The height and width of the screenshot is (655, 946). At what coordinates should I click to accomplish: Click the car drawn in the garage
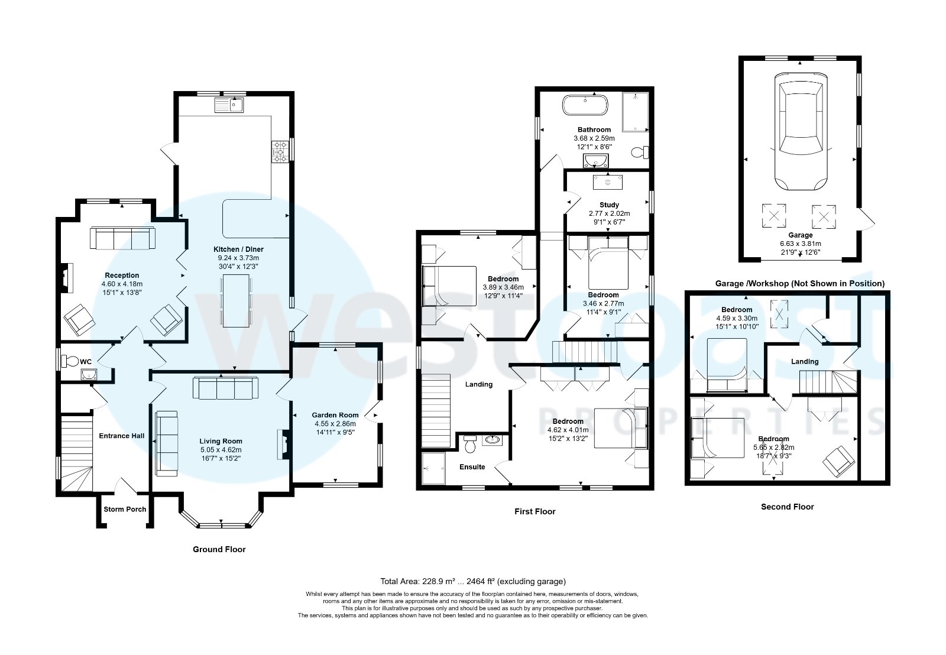point(801,131)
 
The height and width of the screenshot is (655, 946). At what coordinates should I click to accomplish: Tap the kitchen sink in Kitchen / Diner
point(231,105)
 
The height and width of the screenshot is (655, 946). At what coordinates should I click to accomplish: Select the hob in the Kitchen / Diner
point(279,151)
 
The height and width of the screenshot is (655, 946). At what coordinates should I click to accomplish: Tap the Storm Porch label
point(125,509)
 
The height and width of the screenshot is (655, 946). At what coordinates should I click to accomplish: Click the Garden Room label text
point(335,415)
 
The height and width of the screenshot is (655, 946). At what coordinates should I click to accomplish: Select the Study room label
point(609,205)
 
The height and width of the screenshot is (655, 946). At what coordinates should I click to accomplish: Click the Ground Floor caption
point(219,549)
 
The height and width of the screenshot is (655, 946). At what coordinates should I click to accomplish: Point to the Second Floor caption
point(787,507)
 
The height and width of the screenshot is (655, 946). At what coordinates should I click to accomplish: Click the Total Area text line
point(473,581)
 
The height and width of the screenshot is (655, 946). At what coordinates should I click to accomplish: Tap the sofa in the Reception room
point(122,238)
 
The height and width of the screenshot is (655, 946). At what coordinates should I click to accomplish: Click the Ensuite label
point(472,467)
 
